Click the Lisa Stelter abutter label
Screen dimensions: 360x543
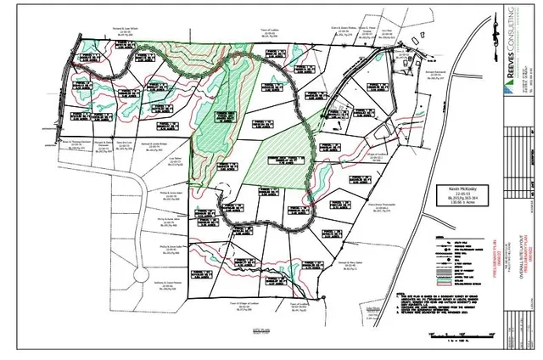[176, 160]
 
